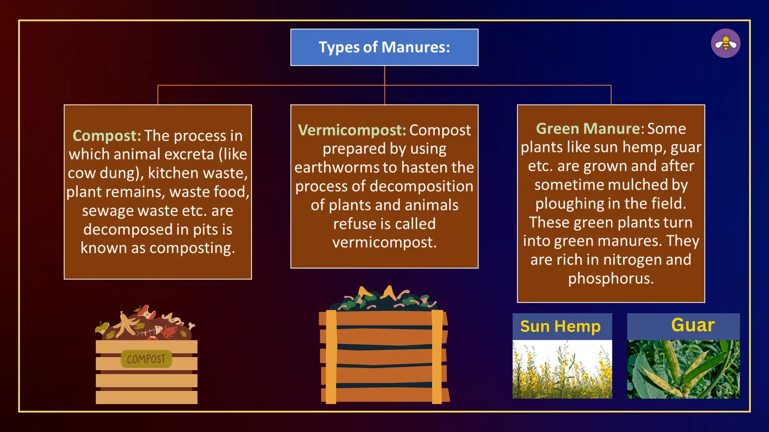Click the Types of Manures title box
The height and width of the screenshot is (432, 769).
click(x=384, y=47)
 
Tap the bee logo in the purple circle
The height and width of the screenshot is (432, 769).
click(x=725, y=43)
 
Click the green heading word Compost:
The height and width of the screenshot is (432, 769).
click(x=107, y=136)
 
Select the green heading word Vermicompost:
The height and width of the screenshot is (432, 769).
click(x=352, y=130)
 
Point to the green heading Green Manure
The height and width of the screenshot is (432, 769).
click(x=588, y=129)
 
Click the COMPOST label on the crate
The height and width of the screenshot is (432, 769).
click(x=146, y=359)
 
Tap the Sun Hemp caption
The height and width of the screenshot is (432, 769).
click(x=560, y=326)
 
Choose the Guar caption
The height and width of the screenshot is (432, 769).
click(x=692, y=325)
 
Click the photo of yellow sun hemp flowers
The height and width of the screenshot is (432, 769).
click(x=562, y=369)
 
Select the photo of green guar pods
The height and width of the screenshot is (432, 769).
click(x=683, y=369)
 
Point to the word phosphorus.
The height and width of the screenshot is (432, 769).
click(x=611, y=279)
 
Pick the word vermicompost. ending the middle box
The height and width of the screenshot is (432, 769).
click(x=384, y=243)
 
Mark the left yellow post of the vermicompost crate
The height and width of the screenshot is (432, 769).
click(x=331, y=356)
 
